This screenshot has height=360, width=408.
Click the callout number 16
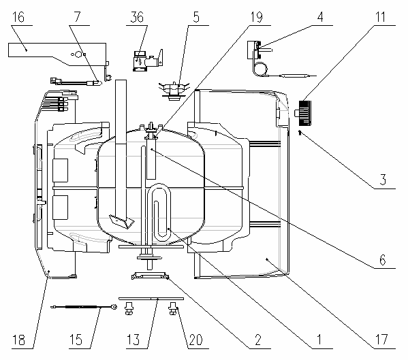click(x=18, y=17)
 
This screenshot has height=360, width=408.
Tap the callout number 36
click(x=137, y=17)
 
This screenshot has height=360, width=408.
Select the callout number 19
click(x=256, y=17)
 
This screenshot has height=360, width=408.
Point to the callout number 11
click(x=381, y=17)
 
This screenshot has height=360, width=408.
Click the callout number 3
click(x=383, y=180)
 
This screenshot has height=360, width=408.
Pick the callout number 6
click(x=383, y=260)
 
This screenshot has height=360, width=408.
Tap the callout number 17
click(x=381, y=340)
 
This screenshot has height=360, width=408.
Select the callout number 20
click(x=195, y=340)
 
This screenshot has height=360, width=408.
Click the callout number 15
click(x=76, y=340)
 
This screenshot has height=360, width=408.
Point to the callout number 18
click(x=18, y=340)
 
